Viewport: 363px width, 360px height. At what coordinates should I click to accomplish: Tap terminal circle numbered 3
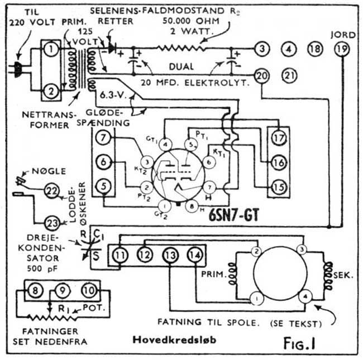click(261, 49)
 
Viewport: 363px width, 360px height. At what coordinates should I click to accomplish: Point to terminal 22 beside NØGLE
click(51, 191)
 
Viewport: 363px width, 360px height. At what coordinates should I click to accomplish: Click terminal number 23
click(51, 222)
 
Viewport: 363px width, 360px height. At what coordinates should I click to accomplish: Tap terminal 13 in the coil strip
click(169, 255)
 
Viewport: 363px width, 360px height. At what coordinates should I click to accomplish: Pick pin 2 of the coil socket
click(257, 251)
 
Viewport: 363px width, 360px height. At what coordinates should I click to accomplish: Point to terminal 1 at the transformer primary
click(51, 50)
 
